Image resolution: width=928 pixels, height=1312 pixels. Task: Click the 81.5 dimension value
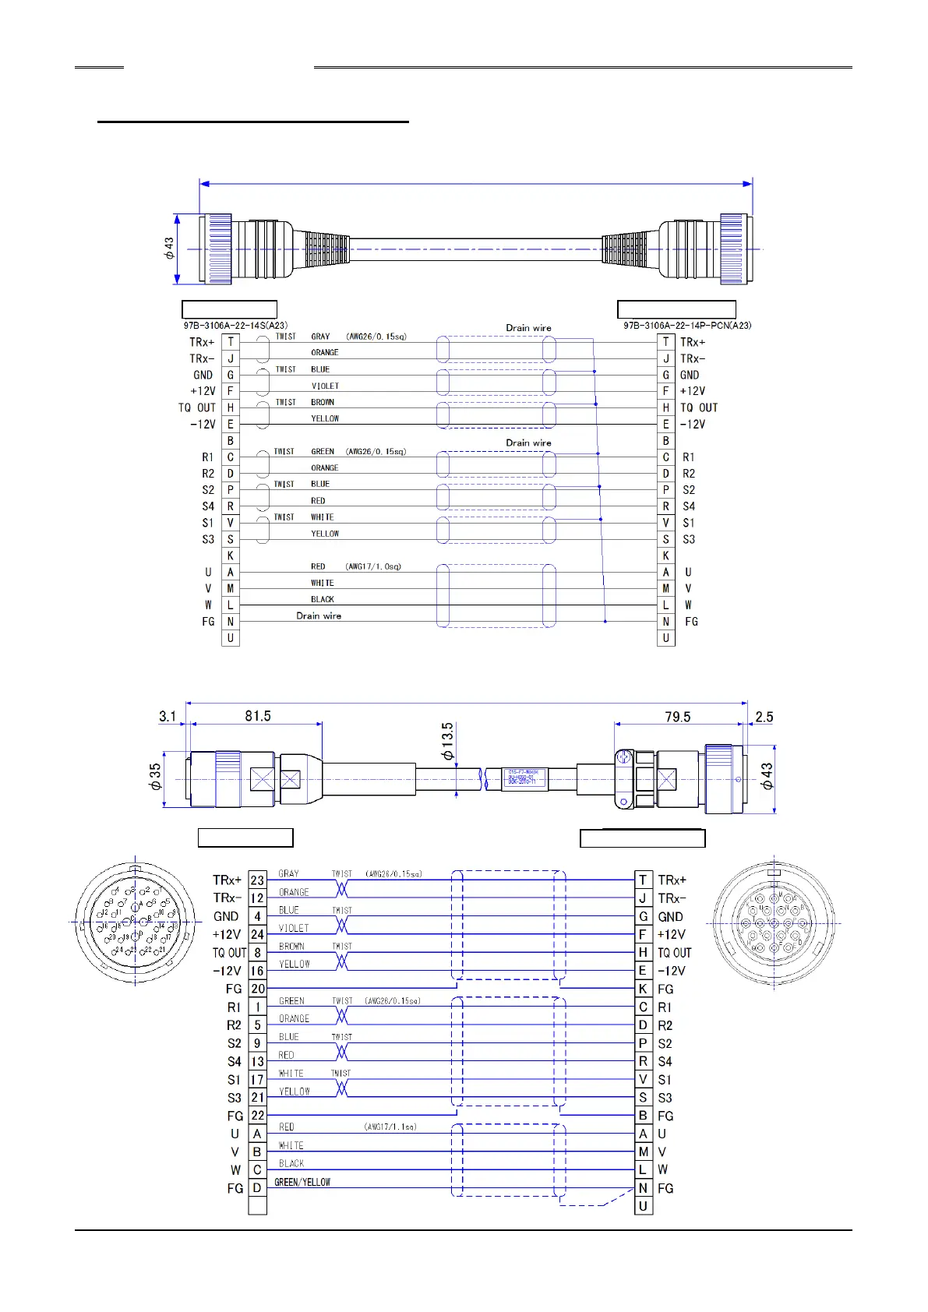coord(258,716)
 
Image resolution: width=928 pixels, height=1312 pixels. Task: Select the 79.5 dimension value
coord(677,717)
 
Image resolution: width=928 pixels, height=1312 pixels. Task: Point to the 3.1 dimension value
coord(168,716)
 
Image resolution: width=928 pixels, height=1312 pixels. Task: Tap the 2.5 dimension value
coord(764,717)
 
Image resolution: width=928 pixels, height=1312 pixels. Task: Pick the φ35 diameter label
coord(156,776)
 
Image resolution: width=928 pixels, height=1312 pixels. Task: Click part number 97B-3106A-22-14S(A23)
coord(235,326)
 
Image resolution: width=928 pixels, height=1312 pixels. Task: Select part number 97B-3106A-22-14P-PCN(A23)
coord(687,326)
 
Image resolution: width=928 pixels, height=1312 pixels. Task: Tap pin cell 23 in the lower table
coord(257,880)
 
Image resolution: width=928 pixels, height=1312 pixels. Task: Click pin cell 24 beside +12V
coord(257,934)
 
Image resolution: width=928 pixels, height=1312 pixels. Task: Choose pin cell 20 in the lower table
coord(257,989)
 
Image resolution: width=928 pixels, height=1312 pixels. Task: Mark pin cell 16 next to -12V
coord(257,971)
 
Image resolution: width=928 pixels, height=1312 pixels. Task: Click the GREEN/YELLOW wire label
coord(302,1182)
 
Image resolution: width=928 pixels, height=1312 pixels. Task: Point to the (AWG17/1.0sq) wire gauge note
coord(373,566)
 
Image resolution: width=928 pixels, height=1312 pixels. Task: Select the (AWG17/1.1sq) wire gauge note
coord(390,1127)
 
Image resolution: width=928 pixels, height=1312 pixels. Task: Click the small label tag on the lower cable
coord(523,778)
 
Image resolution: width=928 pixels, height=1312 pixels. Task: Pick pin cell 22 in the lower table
coord(257,1116)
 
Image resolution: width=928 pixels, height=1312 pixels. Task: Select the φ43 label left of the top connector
coord(169,249)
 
